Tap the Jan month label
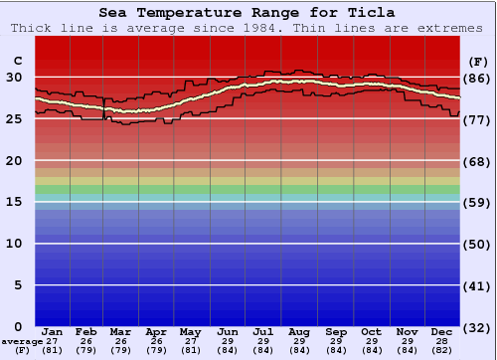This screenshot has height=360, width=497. (53, 331)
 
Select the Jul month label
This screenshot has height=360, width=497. (264, 331)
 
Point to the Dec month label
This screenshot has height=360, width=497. (442, 331)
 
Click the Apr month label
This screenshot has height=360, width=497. (157, 331)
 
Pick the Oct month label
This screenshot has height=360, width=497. (371, 331)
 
